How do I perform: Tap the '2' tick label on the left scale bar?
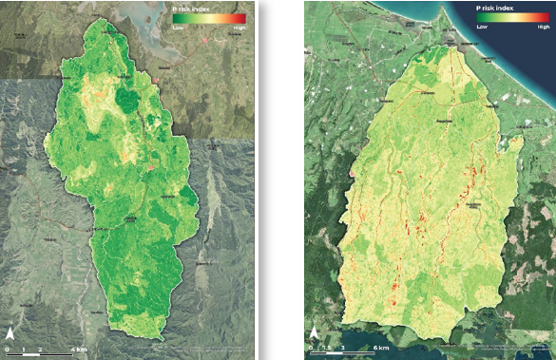click(40, 350)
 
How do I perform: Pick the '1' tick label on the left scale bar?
click(23, 350)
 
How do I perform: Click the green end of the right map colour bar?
click(481, 18)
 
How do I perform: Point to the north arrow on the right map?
click(314, 333)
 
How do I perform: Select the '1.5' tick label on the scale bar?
click(327, 349)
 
